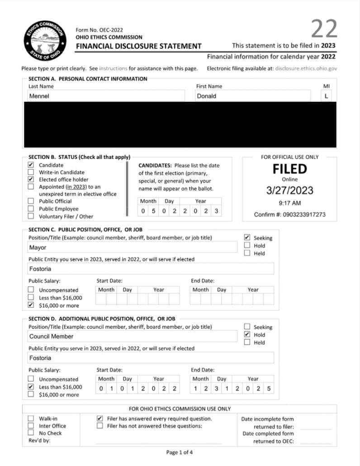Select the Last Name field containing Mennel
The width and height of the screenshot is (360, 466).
click(106, 96)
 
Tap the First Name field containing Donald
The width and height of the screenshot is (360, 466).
click(253, 96)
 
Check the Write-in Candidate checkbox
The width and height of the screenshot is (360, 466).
click(31, 172)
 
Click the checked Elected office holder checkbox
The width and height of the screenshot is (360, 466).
click(31, 180)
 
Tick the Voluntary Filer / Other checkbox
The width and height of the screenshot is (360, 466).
click(31, 216)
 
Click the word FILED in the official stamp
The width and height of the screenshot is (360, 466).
click(289, 169)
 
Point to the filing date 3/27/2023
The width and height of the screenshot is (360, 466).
click(289, 191)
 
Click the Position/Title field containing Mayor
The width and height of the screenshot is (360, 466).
click(132, 247)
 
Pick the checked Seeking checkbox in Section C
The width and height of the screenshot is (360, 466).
click(247, 238)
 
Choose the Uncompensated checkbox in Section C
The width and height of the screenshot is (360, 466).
click(31, 290)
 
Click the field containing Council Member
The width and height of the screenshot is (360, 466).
click(132, 336)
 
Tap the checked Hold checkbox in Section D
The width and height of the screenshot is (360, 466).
click(247, 334)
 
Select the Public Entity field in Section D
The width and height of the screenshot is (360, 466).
click(151, 358)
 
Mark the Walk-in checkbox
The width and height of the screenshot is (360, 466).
click(31, 418)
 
